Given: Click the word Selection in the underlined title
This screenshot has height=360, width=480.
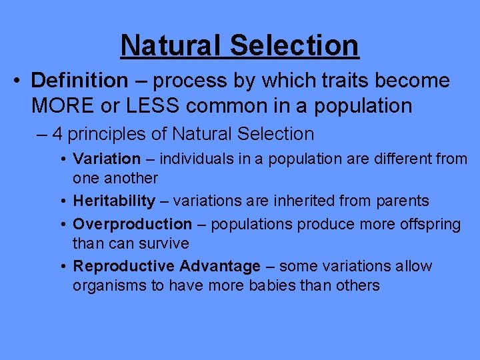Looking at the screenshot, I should pos(295,45).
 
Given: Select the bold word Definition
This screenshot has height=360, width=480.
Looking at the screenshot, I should pos(79,81).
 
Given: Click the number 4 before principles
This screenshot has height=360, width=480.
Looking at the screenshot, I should pos(57,134).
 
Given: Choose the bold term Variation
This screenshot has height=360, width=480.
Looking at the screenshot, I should pos(107,159).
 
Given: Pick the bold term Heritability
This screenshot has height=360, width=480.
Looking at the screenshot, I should pos(113,201).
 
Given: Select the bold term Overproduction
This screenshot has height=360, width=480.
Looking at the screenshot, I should pos(132,224).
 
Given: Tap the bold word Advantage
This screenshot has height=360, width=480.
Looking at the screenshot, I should pos(220,267).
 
